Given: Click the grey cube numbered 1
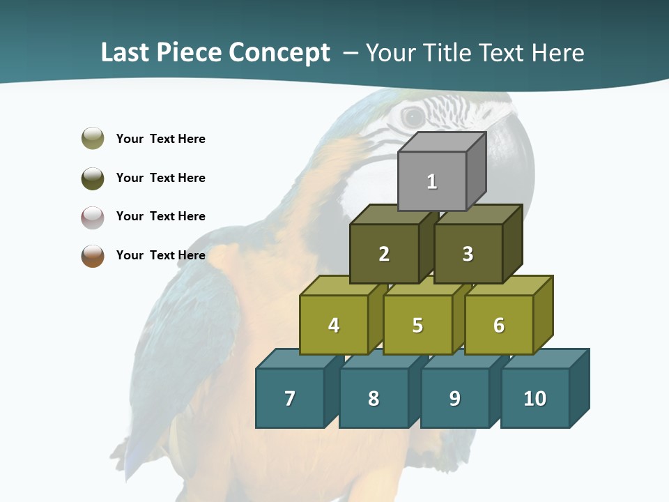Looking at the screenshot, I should pos(432,181).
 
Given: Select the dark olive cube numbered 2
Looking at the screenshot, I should pos(384,254).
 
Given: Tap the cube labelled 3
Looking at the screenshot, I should pos(468,254).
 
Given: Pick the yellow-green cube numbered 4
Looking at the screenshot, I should pos(334,325).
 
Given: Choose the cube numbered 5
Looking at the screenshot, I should pos(417,325).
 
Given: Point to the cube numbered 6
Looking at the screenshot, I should pos(498,325).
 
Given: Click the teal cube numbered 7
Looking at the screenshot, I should pos(290,398).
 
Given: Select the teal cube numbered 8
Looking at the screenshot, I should pos(374,398).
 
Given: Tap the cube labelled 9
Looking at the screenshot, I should pos(454,398).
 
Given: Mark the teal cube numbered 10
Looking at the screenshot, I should pos(535,398).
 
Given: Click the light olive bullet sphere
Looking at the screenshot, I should pos(93,138).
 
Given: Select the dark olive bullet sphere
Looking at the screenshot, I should pos(93,178).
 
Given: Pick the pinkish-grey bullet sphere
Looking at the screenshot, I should pos(93,217).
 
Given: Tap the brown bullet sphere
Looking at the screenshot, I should pos(93,255).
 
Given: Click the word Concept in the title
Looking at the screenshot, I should pos(279,53).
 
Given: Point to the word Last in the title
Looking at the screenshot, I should pos(126,52).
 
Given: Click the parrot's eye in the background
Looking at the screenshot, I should pos(413,116).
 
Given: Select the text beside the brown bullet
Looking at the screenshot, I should pos(160,255).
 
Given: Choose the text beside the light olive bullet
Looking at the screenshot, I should pos(160,139).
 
